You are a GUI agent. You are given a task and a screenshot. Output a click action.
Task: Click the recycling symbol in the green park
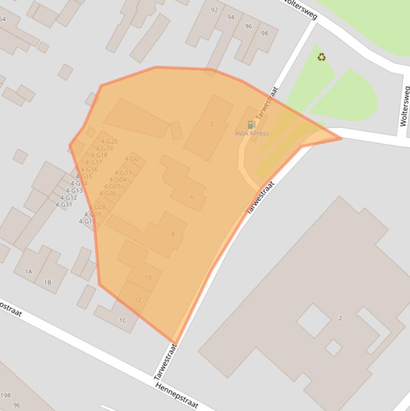[x=321, y=57]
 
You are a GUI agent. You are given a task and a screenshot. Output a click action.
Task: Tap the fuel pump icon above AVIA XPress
[x=251, y=125]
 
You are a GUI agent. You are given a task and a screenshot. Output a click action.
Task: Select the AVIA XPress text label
[x=252, y=133]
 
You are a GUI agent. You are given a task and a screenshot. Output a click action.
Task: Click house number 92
[x=214, y=10]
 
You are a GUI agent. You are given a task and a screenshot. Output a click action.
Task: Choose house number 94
[x=231, y=18]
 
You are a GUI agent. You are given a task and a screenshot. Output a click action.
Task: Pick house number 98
[x=264, y=34]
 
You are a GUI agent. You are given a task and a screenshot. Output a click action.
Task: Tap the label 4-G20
[x=109, y=142]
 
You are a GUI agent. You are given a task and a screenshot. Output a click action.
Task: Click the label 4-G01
[x=133, y=159]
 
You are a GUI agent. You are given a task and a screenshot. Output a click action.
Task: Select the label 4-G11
[x=63, y=205]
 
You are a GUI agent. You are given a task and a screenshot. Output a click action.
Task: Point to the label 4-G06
[x=107, y=194]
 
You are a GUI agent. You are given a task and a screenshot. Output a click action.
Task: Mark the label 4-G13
[x=74, y=191]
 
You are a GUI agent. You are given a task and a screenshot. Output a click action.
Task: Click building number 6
[x=192, y=197]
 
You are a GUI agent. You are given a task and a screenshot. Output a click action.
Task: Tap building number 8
[x=173, y=234]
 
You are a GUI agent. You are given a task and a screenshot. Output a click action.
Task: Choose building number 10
[x=148, y=278]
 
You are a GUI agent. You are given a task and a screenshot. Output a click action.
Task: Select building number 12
[x=138, y=300]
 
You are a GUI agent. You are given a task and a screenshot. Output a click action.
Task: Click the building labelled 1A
[x=28, y=272]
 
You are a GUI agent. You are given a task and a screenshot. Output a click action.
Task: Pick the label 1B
[x=47, y=282]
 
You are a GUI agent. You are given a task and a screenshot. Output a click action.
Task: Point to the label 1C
[x=123, y=320]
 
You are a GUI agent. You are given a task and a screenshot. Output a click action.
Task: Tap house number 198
[x=5, y=396]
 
